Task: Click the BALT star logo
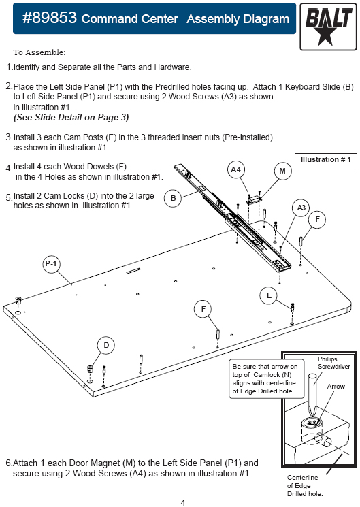(x=328, y=27)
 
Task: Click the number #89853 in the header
(x=50, y=18)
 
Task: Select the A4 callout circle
(x=235, y=169)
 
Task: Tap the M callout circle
(x=282, y=171)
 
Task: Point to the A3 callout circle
(x=301, y=208)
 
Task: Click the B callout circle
(x=173, y=198)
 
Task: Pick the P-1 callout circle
(x=51, y=264)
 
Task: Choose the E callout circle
(x=269, y=295)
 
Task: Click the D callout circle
(x=106, y=345)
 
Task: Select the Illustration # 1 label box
(x=326, y=161)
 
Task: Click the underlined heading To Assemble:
(x=39, y=52)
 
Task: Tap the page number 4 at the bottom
(x=183, y=502)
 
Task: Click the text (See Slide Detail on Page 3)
(x=71, y=117)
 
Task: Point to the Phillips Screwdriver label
(x=333, y=363)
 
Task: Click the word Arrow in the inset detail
(x=336, y=387)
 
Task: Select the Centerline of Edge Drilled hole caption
(x=304, y=485)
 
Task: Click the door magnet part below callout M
(x=255, y=199)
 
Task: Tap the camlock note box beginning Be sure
(x=267, y=378)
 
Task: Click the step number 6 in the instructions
(x=8, y=463)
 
